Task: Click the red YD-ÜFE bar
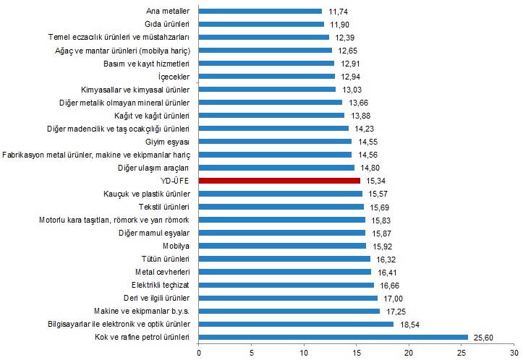pos(278,180)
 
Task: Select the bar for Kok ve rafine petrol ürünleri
pos(333,336)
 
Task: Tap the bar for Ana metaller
pos(260,11)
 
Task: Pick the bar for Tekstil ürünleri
pos(281,206)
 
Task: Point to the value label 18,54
pos(409,323)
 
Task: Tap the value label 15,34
pos(375,180)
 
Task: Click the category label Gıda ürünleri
pos(166,24)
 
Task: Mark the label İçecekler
pos(174,76)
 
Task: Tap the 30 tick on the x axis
pos(514,353)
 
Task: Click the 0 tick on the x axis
pos(199,353)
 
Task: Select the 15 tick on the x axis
pos(356,353)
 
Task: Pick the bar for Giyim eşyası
pos(275,141)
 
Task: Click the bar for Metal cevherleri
pos(284,271)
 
